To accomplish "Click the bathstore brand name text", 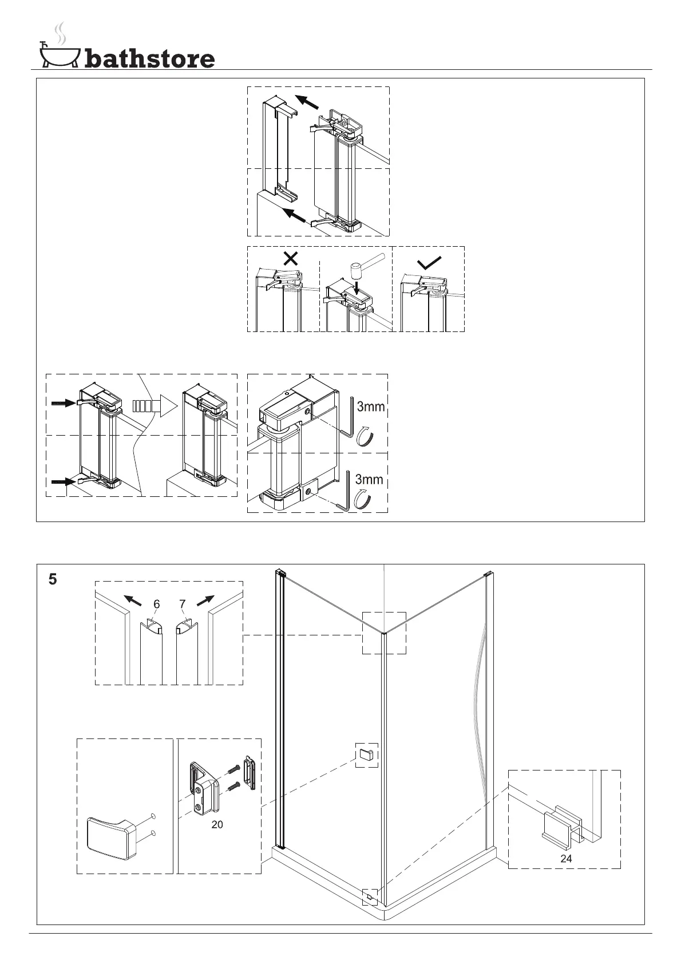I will click(x=150, y=58).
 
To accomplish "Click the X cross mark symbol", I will click(x=291, y=258).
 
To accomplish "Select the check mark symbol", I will click(x=429, y=263).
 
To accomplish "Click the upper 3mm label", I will click(x=370, y=407).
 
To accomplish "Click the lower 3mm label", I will click(x=369, y=479).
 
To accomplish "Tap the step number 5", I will click(x=53, y=579).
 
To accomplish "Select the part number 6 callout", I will click(x=156, y=604).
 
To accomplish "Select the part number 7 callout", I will click(x=182, y=604).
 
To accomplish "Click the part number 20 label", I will click(x=217, y=824).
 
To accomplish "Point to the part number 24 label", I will click(x=566, y=858).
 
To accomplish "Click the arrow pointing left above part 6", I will click(x=133, y=600).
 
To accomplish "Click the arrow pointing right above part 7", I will click(x=205, y=600).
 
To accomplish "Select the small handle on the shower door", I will click(x=366, y=756).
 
